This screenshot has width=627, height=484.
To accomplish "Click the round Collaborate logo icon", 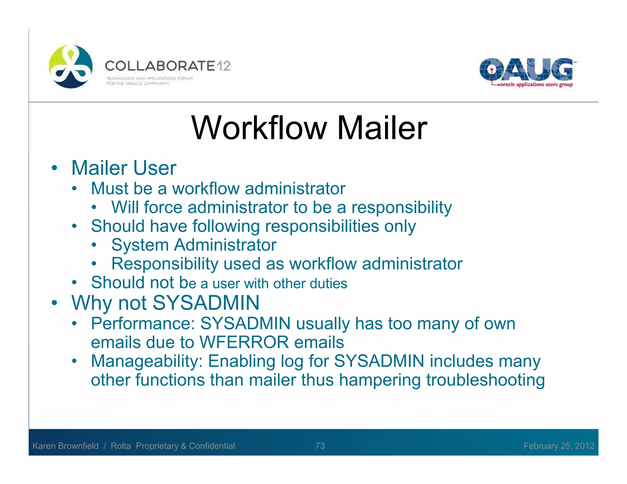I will point(71,66).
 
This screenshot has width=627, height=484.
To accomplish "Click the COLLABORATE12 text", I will point(167,66).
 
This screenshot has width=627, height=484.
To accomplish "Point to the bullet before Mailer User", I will point(54,168).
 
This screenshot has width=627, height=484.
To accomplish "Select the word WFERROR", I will point(244,342).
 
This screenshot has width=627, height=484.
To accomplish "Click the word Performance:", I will point(143,323).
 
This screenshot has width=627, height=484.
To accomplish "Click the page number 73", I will point(320,446).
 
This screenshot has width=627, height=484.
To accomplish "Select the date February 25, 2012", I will point(559,446).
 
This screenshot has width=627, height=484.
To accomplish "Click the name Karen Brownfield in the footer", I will point(66,446).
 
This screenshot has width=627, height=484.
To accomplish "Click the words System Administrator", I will point(194,245).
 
